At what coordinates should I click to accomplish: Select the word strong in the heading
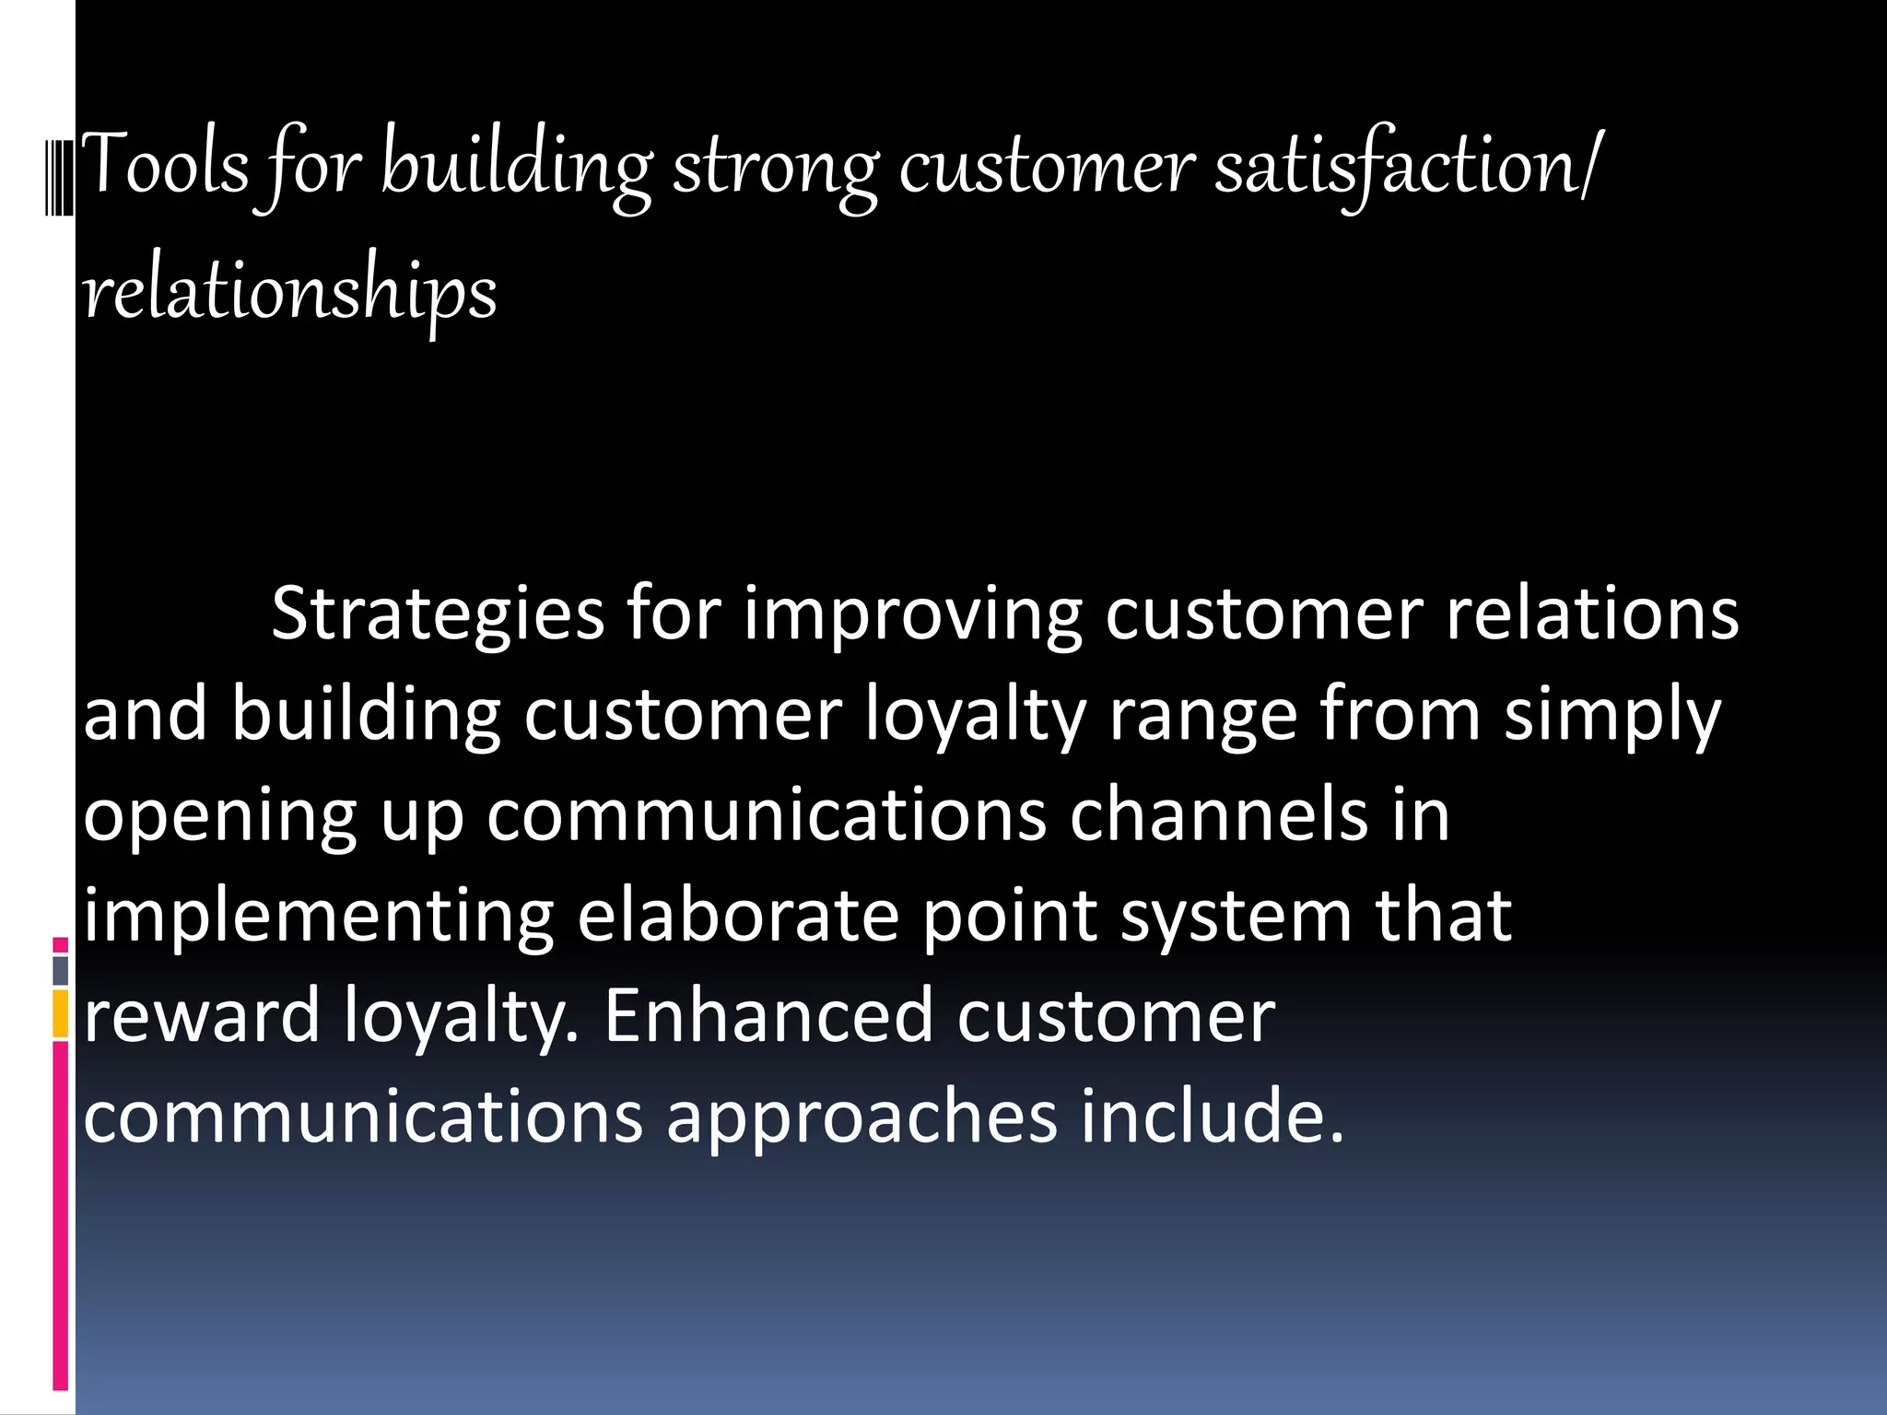[775, 168]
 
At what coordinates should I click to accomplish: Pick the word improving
[913, 615]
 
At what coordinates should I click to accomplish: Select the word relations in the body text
[1592, 614]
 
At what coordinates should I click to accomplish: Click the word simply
[1612, 715]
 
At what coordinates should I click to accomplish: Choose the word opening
[220, 816]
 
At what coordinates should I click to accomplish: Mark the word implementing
[319, 917]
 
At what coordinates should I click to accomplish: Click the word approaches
[861, 1117]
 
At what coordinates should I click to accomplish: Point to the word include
[1213, 1116]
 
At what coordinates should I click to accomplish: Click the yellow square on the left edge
[61, 1013]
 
